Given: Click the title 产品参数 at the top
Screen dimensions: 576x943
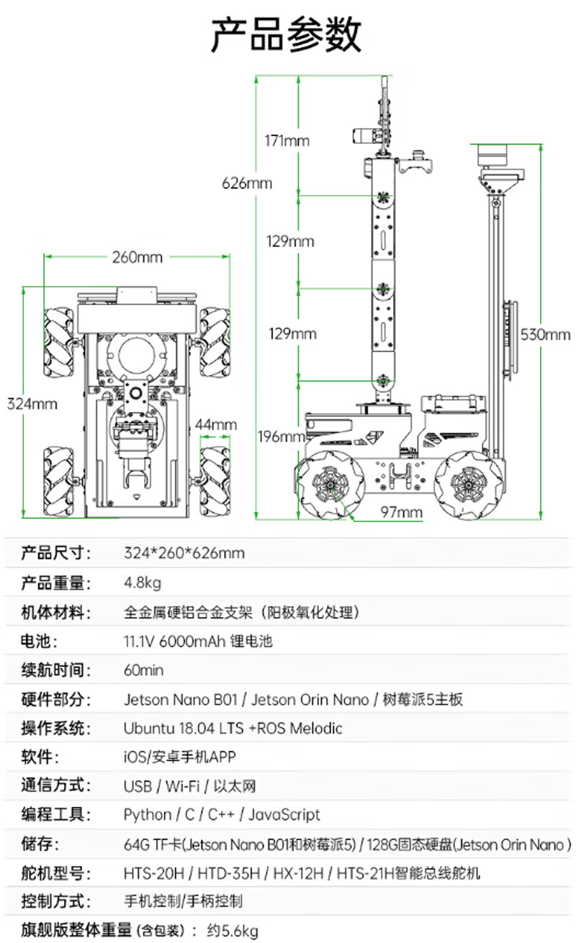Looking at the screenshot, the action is (286, 35).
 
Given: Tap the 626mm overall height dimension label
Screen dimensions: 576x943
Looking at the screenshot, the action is (247, 183).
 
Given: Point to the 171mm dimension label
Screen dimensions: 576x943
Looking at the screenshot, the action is (287, 140).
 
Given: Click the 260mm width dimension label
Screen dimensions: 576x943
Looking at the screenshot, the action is (138, 257).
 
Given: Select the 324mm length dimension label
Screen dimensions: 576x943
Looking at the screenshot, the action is (32, 404).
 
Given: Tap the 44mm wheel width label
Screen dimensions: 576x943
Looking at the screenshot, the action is (216, 425).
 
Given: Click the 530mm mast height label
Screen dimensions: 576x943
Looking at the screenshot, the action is (545, 335).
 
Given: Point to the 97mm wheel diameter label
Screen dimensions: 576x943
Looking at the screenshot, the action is (401, 513).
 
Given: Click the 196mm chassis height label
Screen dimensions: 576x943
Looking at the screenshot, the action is (282, 436).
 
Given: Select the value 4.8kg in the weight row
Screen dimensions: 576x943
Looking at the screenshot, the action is (143, 582).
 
